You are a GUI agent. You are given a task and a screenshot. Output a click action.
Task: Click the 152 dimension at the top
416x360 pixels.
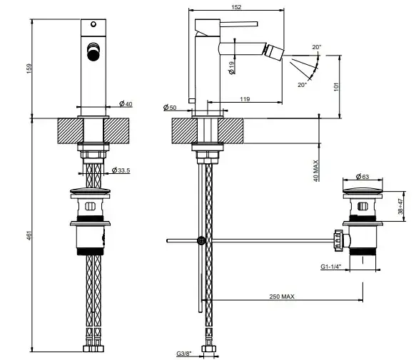tap(236, 7)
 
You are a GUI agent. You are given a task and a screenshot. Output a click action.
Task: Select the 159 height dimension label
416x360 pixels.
tap(29, 68)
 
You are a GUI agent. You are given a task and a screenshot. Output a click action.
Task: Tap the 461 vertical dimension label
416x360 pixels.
tap(29, 236)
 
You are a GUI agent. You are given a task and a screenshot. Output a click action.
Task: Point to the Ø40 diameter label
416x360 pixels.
tap(126, 103)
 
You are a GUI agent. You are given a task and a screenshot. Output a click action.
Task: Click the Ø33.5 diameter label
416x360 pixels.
tap(121, 170)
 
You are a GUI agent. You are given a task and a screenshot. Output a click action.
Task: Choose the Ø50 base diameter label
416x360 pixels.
tap(170, 108)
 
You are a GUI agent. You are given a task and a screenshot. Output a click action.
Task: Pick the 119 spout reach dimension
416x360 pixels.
tap(245, 99)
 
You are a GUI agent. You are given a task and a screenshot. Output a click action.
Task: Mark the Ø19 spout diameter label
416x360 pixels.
tap(231, 68)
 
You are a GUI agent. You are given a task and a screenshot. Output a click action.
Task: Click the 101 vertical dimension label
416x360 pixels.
tap(336, 87)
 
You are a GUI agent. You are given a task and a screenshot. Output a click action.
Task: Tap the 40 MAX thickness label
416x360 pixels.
tap(315, 170)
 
